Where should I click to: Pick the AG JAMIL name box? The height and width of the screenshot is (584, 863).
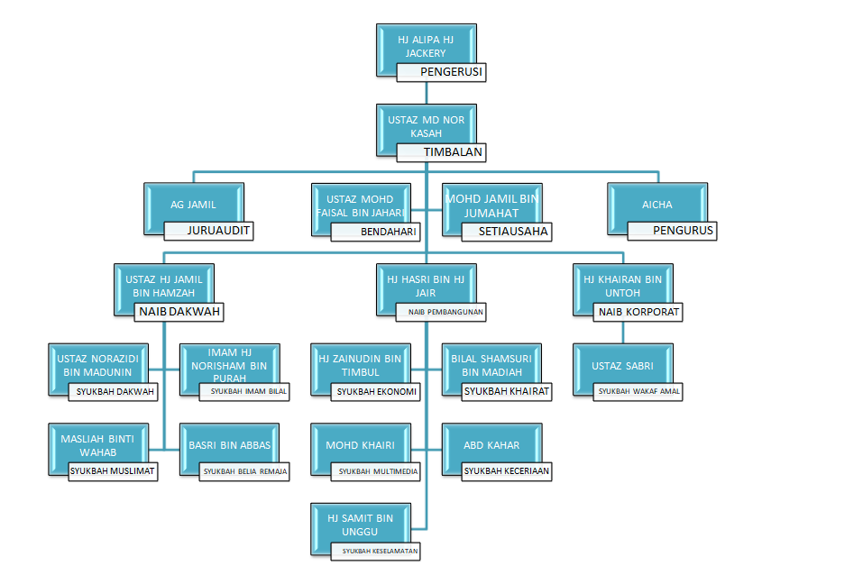193,205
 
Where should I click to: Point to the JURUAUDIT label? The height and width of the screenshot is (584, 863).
208,231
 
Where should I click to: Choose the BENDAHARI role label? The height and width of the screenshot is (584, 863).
376,232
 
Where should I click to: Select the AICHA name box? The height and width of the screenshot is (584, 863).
656,205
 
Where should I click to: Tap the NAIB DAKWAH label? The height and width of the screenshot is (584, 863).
179,312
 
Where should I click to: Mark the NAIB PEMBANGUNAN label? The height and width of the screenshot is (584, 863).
441,312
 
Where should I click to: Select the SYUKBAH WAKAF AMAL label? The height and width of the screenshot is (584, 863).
638,391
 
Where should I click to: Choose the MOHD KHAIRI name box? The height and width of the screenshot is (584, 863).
361,445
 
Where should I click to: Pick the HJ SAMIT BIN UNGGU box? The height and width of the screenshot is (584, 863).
361,525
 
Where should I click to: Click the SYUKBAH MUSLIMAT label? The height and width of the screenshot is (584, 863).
114,470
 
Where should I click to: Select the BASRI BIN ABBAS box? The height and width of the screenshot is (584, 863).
229,445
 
